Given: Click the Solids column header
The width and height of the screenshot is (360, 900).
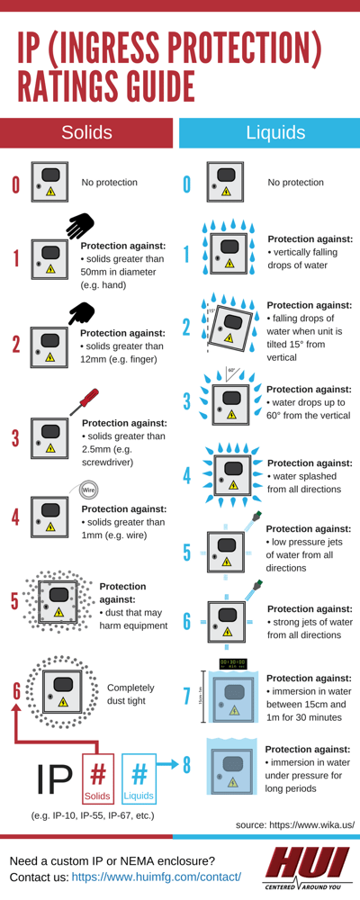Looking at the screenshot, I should click(86, 133).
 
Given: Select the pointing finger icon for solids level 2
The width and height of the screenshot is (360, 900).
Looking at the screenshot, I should click(82, 312).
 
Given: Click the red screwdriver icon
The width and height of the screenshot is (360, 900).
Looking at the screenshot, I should click(84, 401).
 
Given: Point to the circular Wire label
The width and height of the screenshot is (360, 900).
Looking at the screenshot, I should click(88, 490).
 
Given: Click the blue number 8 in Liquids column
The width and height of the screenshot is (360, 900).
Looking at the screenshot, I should click(187, 765).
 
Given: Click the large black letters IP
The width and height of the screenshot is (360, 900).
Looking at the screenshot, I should click(55, 779).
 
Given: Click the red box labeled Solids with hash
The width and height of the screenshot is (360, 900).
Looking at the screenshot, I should click(98, 778).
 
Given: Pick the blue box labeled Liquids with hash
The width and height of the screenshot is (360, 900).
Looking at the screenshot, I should click(139, 778).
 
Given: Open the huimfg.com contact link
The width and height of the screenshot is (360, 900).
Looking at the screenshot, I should click(156, 876).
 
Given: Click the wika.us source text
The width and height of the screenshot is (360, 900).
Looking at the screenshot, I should click(294, 824).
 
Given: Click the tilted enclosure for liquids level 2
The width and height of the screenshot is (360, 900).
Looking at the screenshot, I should click(229, 327).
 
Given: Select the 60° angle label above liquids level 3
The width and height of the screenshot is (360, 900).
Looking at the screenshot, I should click(232, 370).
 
